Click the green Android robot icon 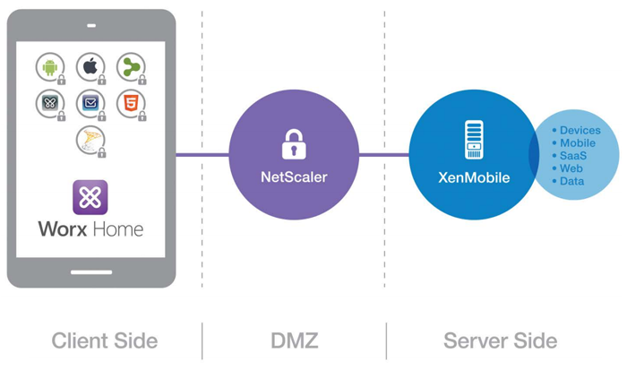(50, 66)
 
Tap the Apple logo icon (90, 66)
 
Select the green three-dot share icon (130, 66)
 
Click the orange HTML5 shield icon (130, 103)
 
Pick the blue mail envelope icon (90, 103)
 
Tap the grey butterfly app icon (50, 103)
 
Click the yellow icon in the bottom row (90, 140)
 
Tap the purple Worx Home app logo (90, 197)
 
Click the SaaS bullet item (573, 156)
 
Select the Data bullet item (572, 181)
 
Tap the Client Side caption (104, 340)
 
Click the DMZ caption (293, 340)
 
